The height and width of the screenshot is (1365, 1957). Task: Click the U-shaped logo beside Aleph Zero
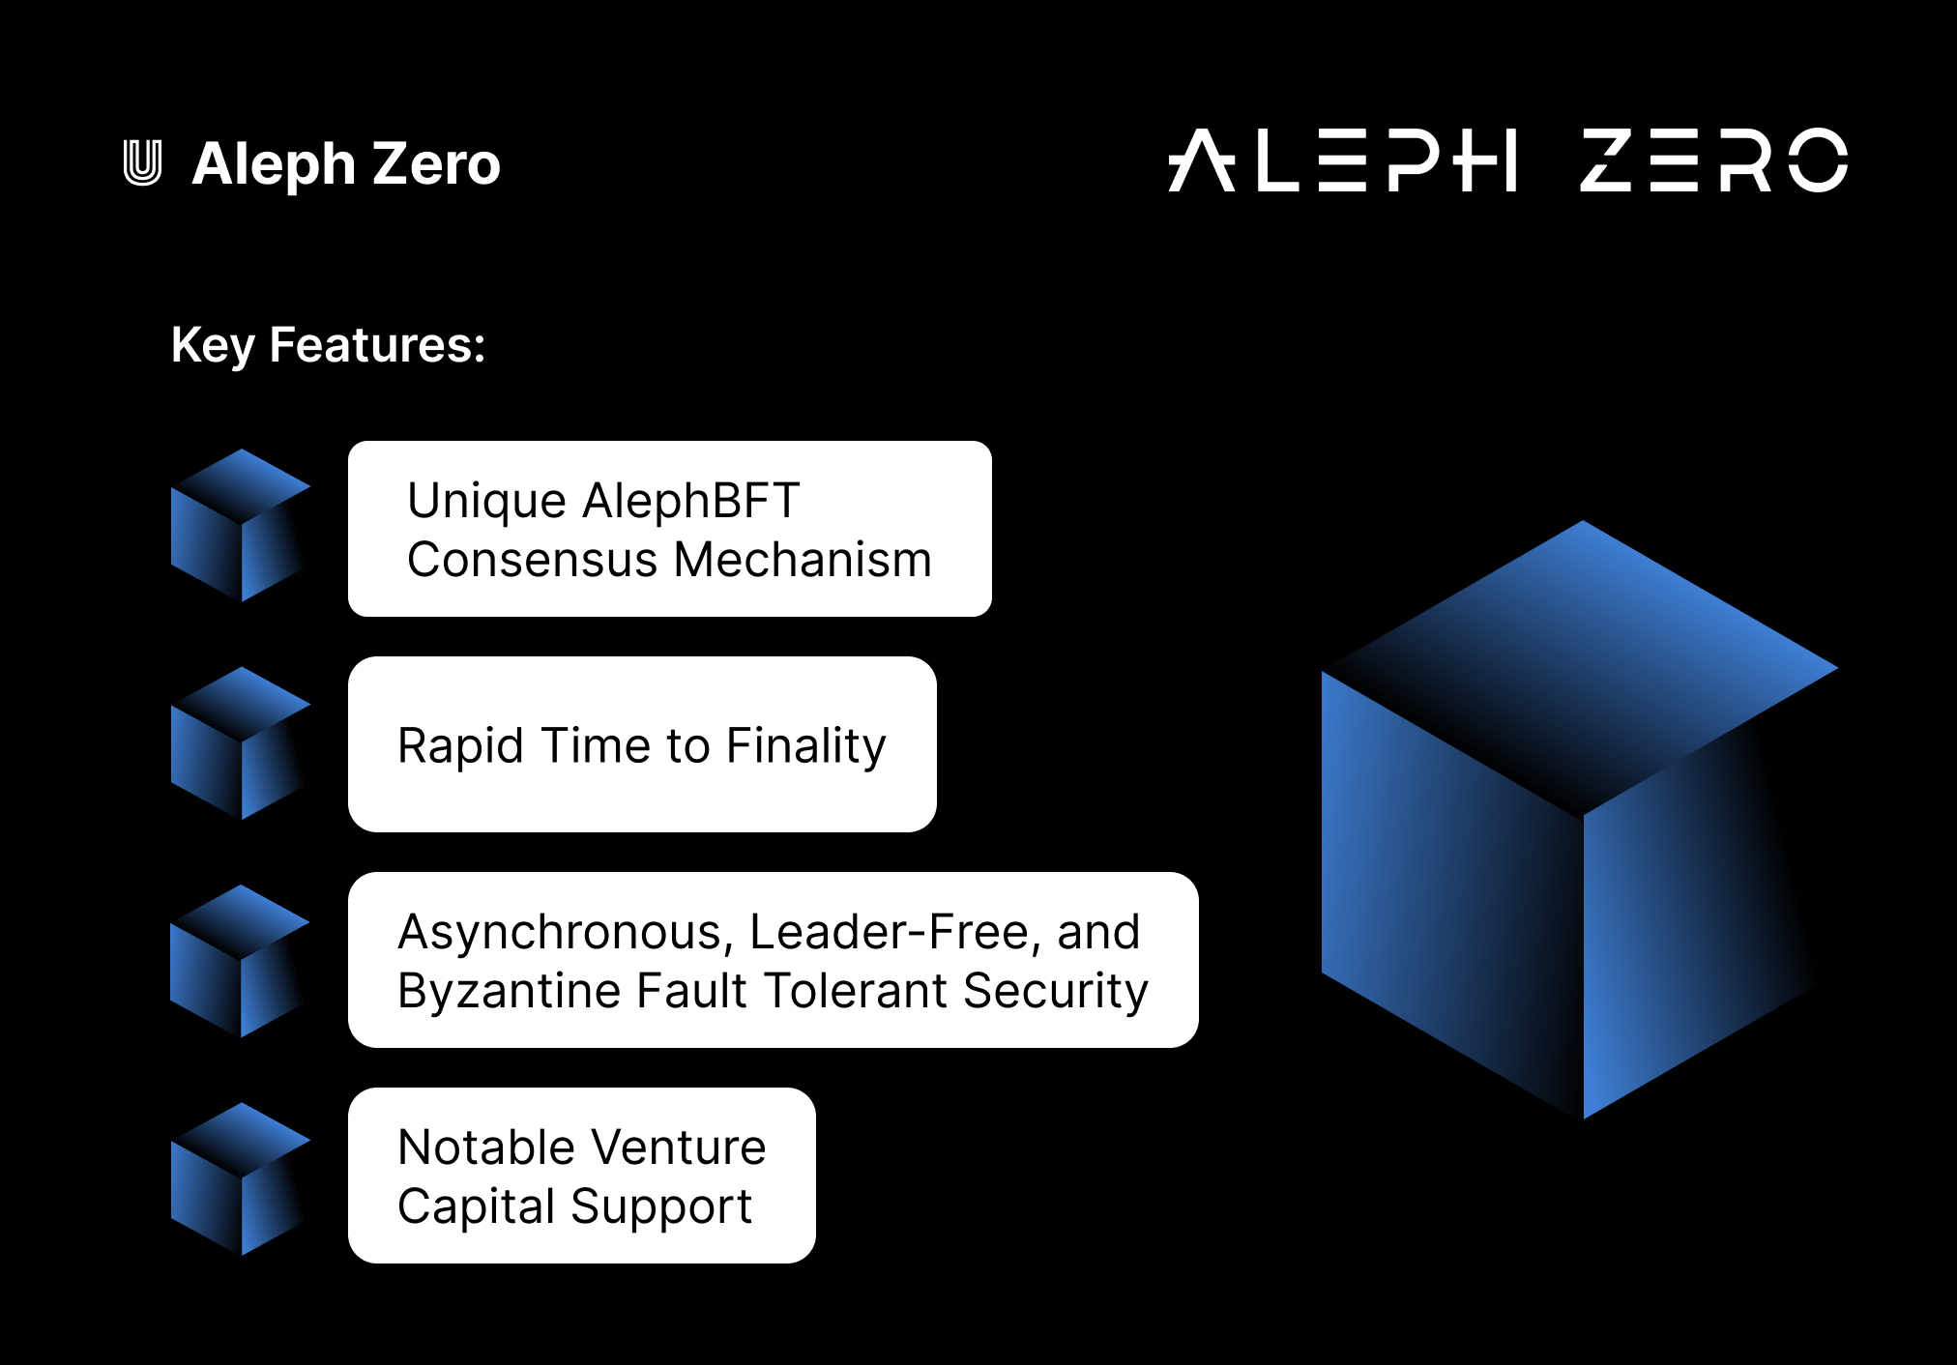[142, 162]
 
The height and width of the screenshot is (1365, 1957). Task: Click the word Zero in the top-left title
[436, 163]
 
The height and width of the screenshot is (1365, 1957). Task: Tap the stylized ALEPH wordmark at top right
[1342, 160]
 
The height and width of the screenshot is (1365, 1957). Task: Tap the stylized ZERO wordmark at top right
[1713, 160]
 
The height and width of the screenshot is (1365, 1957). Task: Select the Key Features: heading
[328, 345]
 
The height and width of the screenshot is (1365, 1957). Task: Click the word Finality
[805, 745]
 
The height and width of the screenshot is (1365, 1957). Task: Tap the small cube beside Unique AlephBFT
[240, 525]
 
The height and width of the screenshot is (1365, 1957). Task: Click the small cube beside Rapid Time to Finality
[240, 743]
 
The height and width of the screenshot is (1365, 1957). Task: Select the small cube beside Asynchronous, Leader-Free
[240, 961]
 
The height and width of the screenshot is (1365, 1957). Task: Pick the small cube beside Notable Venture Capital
[240, 1178]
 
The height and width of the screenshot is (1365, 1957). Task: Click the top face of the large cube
[1582, 667]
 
